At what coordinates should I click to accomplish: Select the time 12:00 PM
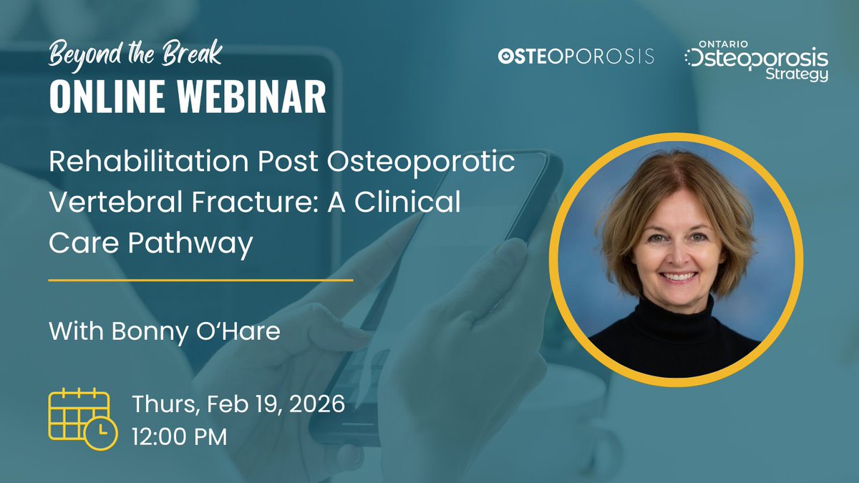(179, 436)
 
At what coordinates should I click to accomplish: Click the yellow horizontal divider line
(200, 280)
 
